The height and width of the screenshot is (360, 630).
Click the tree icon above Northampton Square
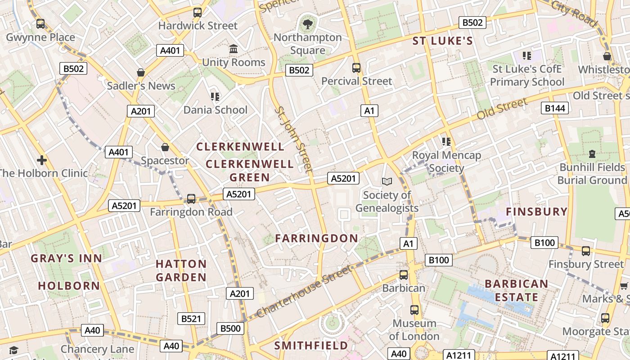308,24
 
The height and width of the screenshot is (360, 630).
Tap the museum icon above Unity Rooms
234,49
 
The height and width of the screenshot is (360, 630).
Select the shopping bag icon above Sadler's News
141,72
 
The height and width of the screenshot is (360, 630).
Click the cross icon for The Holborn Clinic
42,160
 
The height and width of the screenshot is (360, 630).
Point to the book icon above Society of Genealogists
387,181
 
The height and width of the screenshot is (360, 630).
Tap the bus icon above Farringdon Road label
191,198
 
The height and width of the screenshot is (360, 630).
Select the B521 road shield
191,319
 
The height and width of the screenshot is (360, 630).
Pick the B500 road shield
230,328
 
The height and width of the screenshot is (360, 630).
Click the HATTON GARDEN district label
181,270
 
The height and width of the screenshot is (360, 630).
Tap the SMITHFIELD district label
311,346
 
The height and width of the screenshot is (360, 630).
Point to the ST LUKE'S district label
443,41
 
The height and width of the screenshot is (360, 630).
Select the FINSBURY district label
536,211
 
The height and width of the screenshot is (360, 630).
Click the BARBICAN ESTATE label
517,291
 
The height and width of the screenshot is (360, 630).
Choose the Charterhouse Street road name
303,292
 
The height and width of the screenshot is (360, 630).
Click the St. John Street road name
293,139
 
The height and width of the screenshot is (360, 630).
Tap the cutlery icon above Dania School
215,96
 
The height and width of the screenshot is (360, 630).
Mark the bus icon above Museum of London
414,310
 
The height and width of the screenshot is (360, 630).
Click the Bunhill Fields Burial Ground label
592,174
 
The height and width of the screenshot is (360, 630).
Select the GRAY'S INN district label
67,258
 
